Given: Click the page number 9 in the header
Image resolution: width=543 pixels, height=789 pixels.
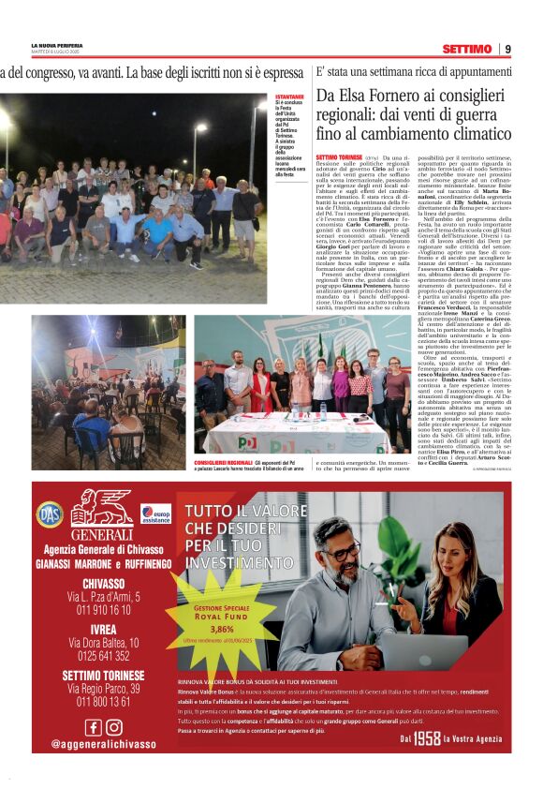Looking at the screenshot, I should tap(507, 49).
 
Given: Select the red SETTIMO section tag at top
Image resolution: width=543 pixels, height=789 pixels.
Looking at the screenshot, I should tap(467, 49).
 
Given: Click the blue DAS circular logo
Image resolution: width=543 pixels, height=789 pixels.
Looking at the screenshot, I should tap(50, 514).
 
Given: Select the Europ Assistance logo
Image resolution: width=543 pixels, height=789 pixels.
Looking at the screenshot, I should tap(155, 514).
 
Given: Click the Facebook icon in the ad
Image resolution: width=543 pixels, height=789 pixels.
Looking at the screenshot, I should tap(93, 726).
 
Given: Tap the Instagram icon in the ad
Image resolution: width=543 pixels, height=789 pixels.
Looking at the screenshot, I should tap(113, 726).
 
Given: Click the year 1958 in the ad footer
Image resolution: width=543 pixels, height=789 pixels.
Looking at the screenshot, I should tap(427, 739).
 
